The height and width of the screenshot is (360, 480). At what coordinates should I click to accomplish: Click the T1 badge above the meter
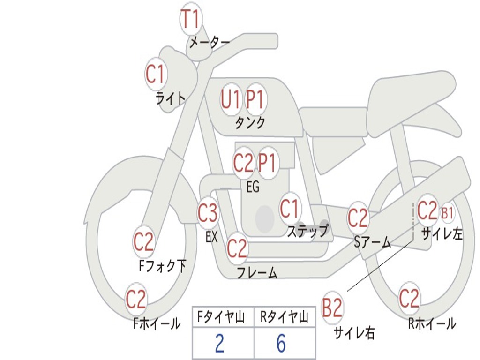[191, 19]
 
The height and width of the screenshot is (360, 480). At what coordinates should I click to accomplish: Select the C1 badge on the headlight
[156, 74]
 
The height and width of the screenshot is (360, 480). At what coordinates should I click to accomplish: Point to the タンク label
[250, 123]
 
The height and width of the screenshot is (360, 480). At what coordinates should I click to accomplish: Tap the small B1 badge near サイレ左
[447, 213]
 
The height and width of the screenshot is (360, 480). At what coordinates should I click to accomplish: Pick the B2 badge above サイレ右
[332, 308]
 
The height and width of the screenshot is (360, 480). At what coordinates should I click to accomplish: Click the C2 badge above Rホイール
[409, 298]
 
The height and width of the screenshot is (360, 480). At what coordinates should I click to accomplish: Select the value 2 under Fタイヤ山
[219, 344]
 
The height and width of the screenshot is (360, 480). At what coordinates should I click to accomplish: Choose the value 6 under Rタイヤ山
[281, 344]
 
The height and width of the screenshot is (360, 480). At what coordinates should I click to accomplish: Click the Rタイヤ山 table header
[284, 318]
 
